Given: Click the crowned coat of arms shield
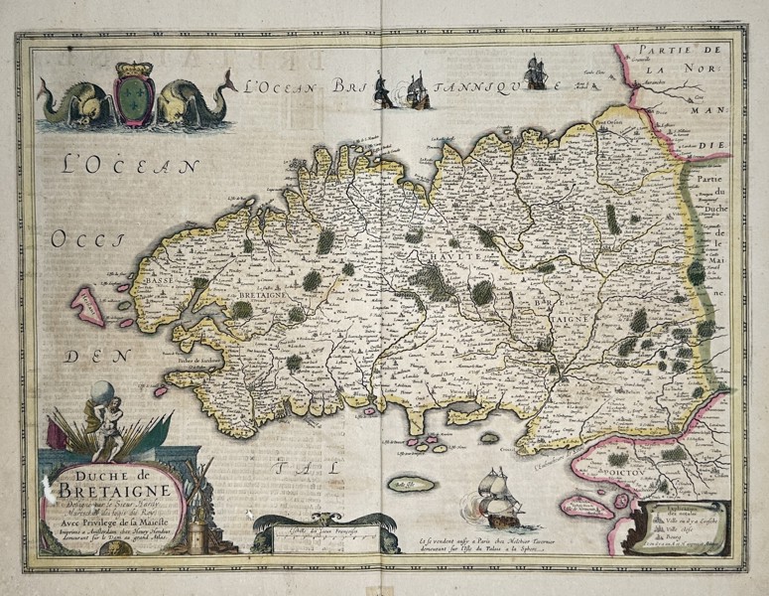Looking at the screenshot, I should pos(134,94).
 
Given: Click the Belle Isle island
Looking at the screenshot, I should pos(411,484).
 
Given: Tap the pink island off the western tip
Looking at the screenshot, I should pos(88,305).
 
